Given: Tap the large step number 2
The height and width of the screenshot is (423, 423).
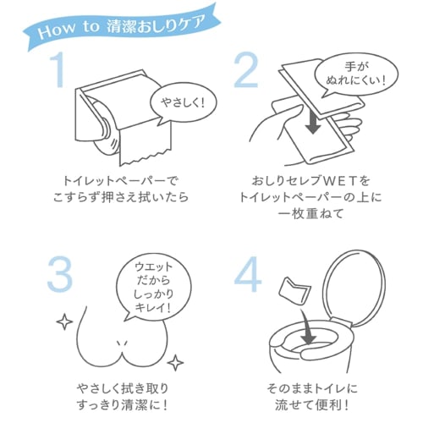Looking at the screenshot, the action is coord(246,70).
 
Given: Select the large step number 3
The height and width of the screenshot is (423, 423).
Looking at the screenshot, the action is coord(60,275).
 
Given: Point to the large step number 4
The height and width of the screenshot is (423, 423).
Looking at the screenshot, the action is coord(248,274).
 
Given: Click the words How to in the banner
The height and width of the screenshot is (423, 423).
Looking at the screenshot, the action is coord(69,30).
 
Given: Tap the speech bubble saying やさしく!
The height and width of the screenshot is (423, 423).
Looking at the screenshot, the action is coord(184,104).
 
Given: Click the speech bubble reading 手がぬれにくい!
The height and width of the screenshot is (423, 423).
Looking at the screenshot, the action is coord(356,74).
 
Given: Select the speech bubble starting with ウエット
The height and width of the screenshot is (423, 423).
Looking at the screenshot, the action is coord(153,288).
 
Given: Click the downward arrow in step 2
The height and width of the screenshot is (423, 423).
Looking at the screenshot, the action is coord(313,120).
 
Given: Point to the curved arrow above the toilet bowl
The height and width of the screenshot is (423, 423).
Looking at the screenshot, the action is coord(307,327).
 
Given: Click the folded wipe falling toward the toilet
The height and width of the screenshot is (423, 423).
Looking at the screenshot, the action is coord(294,291).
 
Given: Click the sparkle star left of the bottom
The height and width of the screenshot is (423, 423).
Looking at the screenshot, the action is coord(64,321).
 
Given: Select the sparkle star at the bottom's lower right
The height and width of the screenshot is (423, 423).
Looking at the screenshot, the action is coord(175,362).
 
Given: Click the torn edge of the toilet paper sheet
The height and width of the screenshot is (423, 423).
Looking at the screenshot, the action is coord(146,158).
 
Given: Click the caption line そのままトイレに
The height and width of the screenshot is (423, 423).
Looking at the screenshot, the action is coord(312,388).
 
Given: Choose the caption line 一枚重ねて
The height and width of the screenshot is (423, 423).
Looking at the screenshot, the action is coord(310,213).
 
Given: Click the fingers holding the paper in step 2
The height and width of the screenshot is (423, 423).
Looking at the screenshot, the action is coord(351,124).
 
